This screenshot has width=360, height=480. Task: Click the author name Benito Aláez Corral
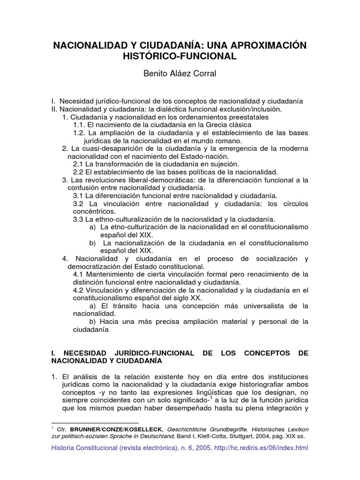180,74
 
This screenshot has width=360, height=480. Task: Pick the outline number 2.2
78,172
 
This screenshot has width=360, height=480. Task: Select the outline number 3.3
78,219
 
